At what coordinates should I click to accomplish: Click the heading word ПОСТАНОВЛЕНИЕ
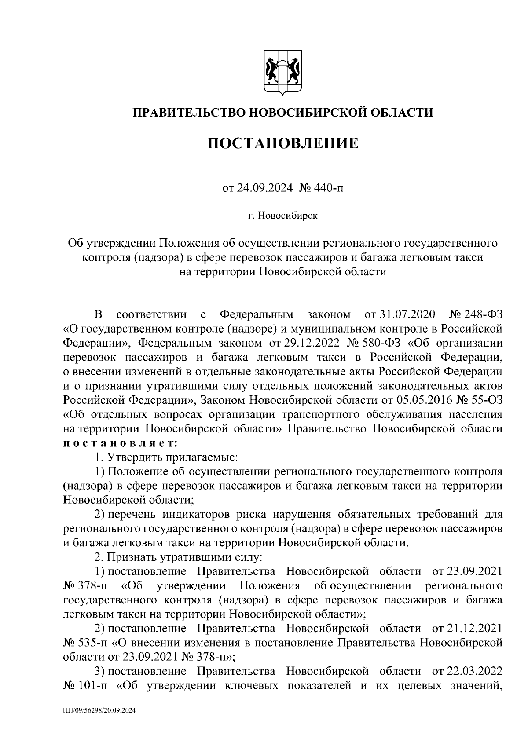[x=283, y=143]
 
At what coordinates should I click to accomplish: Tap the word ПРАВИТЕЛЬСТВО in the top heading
[x=190, y=113]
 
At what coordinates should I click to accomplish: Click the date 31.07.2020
[x=405, y=315]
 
